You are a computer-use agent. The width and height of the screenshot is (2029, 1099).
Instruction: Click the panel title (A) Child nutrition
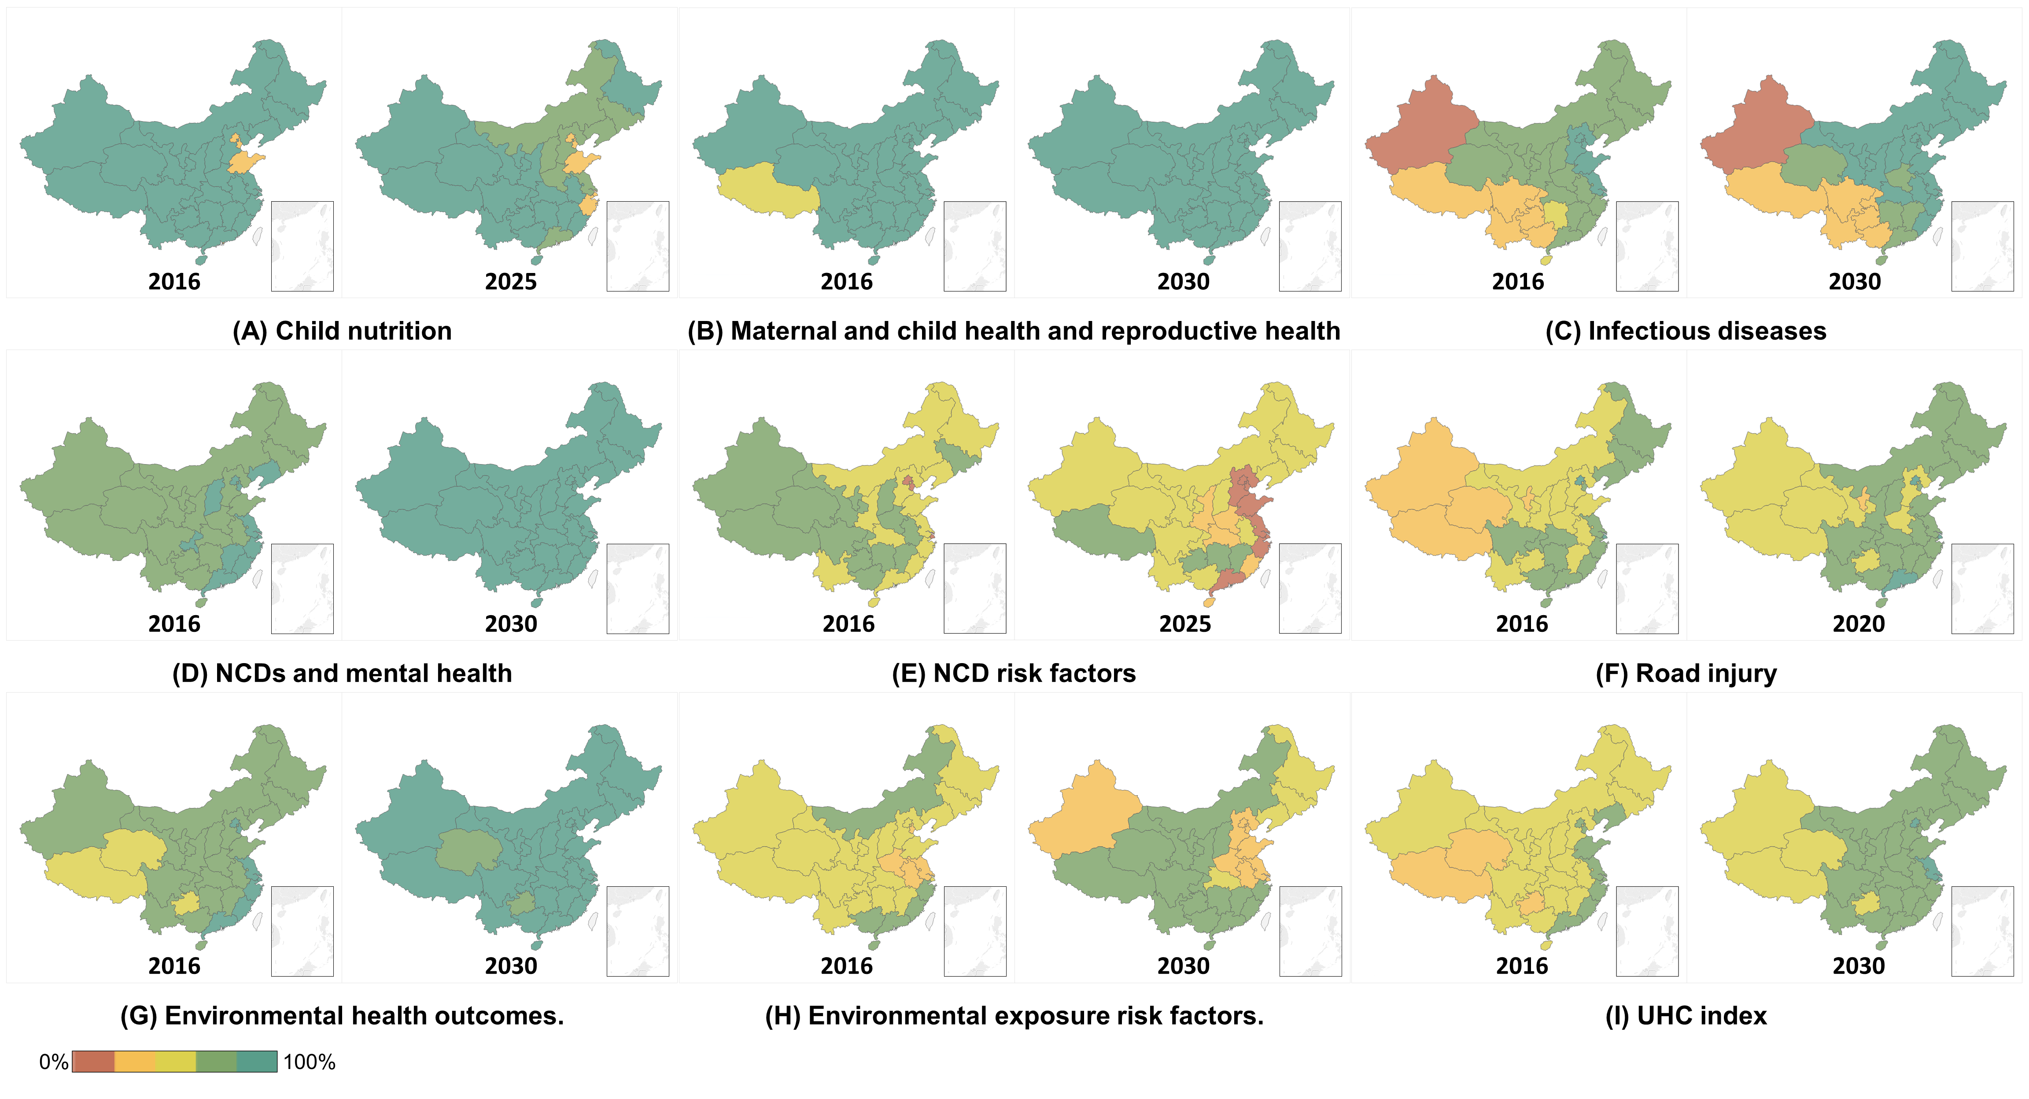(342, 331)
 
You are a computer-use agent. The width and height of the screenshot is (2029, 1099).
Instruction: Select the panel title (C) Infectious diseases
(1686, 331)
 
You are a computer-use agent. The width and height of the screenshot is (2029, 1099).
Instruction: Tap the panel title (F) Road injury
(1686, 674)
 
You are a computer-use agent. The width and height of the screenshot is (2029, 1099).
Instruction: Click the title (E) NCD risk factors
(1014, 674)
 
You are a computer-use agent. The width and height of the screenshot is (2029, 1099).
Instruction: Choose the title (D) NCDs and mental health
(342, 674)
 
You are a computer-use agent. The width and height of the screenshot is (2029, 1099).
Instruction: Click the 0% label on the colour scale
(54, 1062)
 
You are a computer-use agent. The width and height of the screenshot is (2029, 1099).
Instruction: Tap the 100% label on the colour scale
(309, 1062)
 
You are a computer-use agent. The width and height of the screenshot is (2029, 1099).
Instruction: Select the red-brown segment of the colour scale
(93, 1062)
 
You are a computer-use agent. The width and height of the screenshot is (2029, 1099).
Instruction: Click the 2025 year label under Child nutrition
(510, 282)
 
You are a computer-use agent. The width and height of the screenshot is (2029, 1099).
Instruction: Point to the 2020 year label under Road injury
(1858, 624)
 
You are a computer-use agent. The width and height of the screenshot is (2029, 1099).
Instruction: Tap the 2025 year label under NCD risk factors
(1184, 624)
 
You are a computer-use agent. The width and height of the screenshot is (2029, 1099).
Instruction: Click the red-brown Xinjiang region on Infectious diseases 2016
(1418, 134)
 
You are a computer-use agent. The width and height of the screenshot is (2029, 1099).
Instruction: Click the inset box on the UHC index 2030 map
(1982, 931)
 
